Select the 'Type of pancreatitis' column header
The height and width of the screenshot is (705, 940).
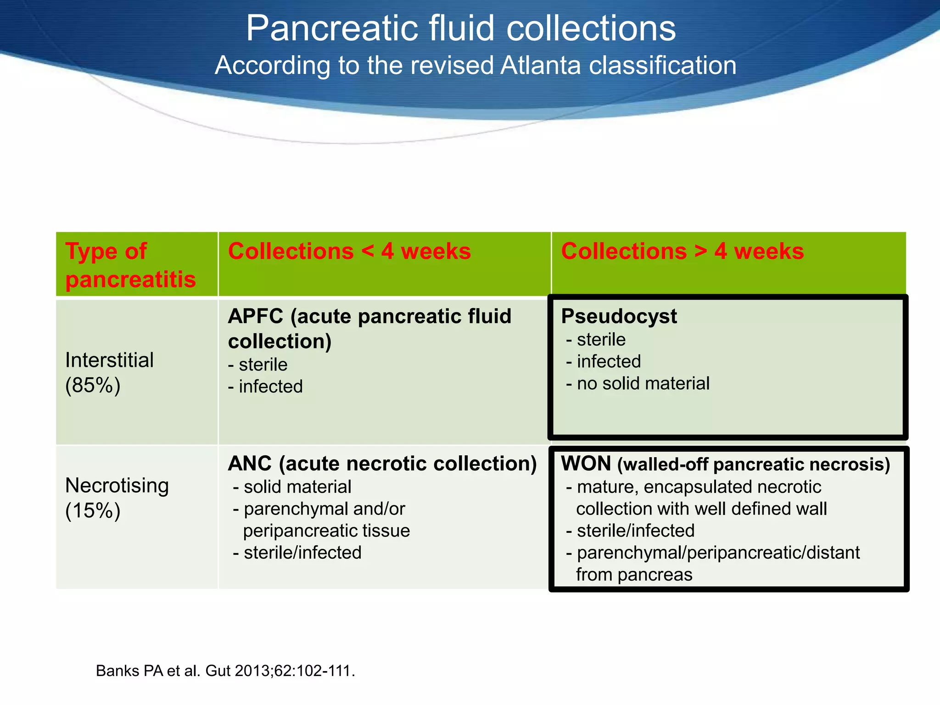pos(130,265)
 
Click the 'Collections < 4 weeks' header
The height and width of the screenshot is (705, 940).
pos(349,251)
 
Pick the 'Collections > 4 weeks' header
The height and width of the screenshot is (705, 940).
pos(682,251)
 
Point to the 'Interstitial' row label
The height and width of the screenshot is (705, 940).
pos(109,360)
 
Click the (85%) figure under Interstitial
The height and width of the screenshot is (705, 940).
pos(93,385)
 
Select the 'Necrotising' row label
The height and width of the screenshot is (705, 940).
pos(117,486)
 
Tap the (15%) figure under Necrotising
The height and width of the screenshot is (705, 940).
pos(93,510)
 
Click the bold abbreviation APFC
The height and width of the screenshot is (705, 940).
pos(255,316)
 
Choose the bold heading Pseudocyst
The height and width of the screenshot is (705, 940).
pos(619,316)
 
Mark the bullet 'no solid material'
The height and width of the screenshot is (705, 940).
pos(643,383)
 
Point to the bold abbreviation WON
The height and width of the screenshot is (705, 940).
pos(586,464)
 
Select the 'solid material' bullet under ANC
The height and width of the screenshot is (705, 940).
pos(297,487)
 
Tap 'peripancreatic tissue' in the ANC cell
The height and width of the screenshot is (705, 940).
pos(326,531)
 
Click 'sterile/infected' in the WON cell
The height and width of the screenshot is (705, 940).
pos(635,531)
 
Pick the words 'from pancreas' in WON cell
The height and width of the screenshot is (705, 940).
pos(634,575)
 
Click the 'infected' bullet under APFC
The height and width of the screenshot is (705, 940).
pos(270,386)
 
